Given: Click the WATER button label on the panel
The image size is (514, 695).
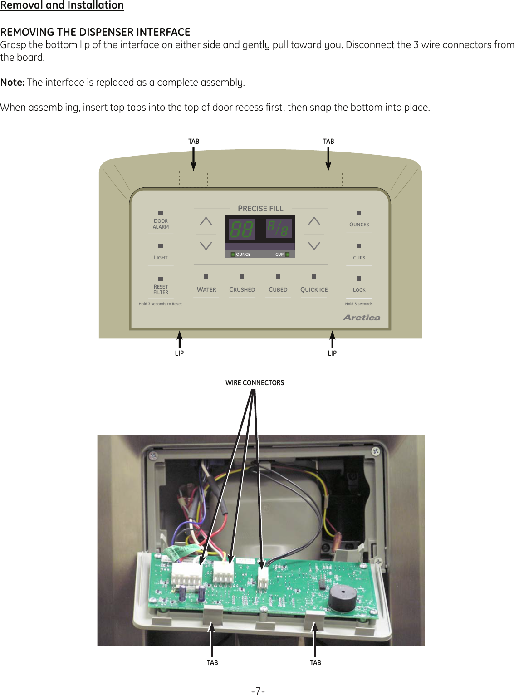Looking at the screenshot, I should tap(206, 289).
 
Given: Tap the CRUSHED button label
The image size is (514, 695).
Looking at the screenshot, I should tap(242, 289).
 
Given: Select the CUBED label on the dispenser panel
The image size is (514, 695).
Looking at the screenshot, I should tap(278, 289).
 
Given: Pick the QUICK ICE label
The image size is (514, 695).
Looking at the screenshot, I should tap(314, 289).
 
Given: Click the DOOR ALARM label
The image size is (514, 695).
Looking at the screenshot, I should tap(161, 224).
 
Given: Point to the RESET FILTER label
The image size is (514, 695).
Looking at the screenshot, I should tap(161, 289).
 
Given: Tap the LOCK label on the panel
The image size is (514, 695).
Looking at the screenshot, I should tap(359, 290).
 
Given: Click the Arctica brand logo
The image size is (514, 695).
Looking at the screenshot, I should tap(362, 318).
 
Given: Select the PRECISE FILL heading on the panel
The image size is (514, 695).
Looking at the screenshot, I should tap(260, 209).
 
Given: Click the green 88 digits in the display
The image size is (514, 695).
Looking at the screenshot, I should tap(241, 229).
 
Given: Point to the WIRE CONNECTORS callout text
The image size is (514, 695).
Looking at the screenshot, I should tap(255, 383).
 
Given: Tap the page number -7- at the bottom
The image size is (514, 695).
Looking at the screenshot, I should tap(258, 691).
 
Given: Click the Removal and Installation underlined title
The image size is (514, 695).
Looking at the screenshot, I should tap(62, 5).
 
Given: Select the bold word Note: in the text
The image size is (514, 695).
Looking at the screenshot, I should tap(12, 83).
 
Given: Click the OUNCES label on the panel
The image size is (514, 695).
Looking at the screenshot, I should tap(359, 225).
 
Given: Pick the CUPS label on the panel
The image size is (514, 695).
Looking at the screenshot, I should tap(359, 258).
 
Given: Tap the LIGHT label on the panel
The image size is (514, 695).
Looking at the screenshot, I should tap(161, 258).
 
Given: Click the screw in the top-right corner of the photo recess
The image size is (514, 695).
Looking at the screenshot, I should tap(375, 451).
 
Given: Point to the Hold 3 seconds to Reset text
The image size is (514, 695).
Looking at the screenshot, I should tap(160, 304).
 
